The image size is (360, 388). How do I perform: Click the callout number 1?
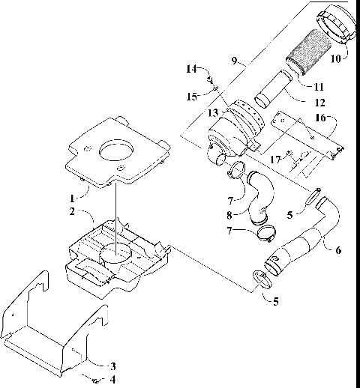click(72, 200)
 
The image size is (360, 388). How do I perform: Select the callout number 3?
click(112, 366)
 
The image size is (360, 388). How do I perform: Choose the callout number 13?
click(212, 113)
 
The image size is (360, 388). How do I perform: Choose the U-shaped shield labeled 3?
click(52, 330)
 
